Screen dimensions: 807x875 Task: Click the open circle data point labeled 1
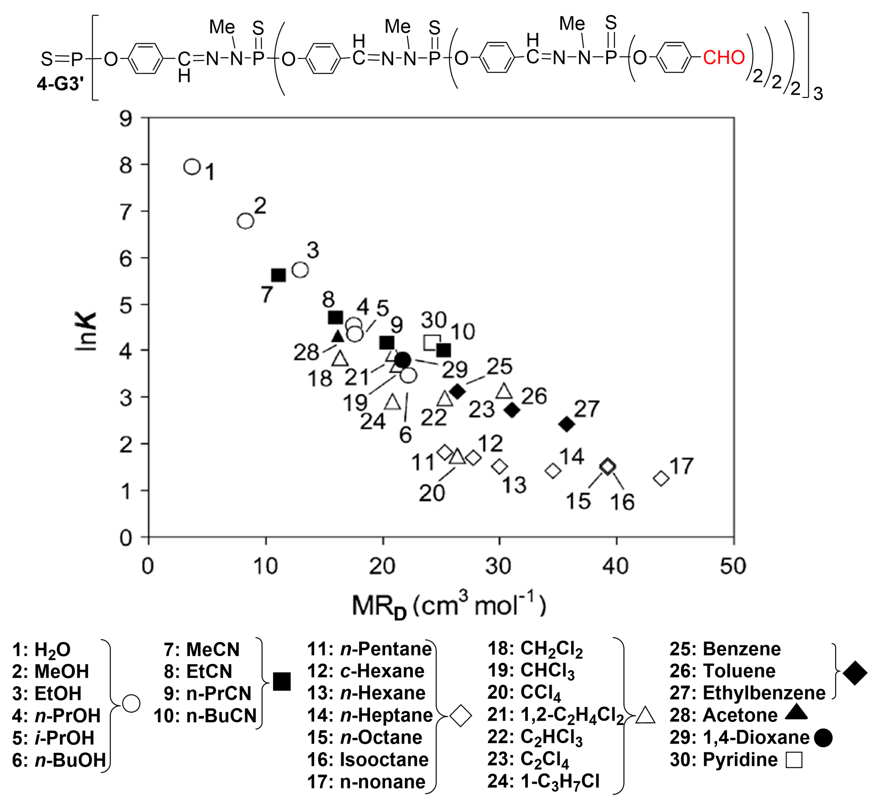tap(192, 166)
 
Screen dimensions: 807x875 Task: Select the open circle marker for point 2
tap(246, 221)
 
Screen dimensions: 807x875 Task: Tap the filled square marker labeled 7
tap(278, 275)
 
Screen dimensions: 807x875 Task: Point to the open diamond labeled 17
tap(661, 478)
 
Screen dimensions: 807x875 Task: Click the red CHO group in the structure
tap(724, 58)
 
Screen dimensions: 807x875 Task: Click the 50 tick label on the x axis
tap(733, 567)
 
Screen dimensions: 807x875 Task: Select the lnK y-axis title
tap(86, 332)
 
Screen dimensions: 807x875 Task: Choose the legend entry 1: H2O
tap(41, 650)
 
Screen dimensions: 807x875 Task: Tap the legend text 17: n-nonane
tap(366, 782)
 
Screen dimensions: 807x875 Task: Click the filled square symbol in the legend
tap(282, 681)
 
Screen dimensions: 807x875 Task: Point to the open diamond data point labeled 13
tap(500, 466)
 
